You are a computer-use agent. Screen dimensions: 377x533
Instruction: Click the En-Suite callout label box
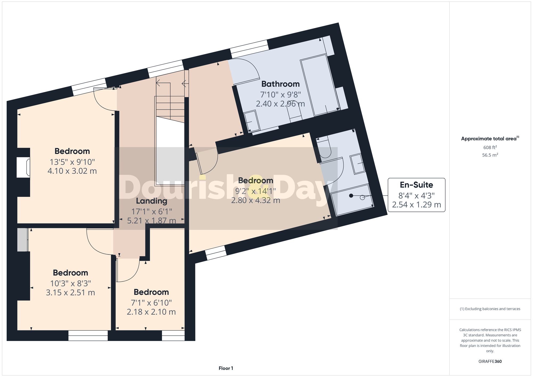point(416,195)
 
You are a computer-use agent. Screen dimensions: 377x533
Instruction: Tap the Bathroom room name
point(280,84)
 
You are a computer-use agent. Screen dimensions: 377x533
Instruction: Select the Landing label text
point(151,201)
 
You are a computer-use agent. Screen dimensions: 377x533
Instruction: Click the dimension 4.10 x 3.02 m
point(72,171)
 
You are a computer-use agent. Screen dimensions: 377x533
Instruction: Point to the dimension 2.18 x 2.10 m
point(151,312)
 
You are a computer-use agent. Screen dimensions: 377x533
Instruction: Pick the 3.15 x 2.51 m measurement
point(70,293)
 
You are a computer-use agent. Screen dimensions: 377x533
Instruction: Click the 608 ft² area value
point(490,147)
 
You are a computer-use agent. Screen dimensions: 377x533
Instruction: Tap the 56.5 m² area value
point(490,155)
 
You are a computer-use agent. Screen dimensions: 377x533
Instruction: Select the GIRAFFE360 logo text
point(490,361)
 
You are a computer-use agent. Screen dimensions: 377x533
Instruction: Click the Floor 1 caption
point(226,368)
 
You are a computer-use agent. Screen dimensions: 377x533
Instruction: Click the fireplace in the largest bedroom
point(23,167)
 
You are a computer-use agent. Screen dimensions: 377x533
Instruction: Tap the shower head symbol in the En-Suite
point(351,196)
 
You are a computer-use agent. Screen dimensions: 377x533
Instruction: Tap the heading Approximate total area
point(490,139)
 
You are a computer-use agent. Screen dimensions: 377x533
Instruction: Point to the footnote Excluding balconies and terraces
point(490,309)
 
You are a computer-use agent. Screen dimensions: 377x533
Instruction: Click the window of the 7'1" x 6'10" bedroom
point(173,335)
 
